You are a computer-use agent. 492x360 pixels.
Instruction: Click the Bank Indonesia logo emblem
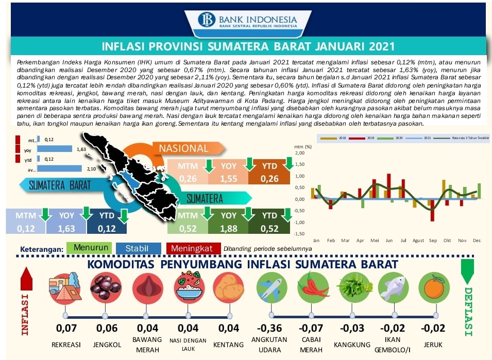point(209,19)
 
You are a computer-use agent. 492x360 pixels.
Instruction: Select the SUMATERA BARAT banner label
point(60,185)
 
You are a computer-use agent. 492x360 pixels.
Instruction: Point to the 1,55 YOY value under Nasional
point(229,179)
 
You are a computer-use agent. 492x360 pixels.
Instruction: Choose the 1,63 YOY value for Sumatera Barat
point(67,229)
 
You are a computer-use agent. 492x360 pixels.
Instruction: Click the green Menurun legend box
point(91,248)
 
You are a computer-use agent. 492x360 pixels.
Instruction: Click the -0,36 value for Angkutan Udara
point(270,328)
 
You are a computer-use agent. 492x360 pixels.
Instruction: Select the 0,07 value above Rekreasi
point(66,328)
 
